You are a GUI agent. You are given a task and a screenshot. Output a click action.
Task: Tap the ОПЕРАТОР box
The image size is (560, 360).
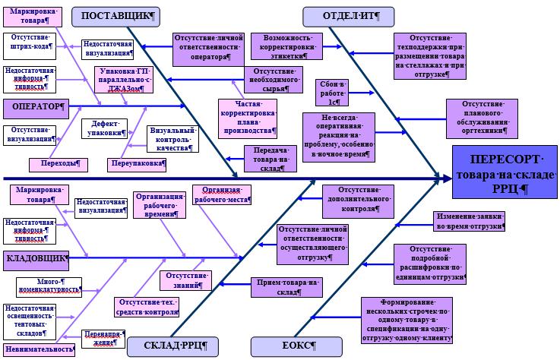click(36, 107)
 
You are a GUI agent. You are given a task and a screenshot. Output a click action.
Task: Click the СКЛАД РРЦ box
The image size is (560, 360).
click(172, 346)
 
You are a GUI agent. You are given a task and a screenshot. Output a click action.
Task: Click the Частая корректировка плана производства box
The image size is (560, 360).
click(248, 118)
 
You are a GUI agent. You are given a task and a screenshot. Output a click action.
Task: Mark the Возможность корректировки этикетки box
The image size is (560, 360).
click(287, 46)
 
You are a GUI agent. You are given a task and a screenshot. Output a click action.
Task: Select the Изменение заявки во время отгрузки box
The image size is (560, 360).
click(469, 221)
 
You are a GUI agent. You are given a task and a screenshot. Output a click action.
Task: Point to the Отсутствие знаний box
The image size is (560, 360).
click(185, 279)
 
